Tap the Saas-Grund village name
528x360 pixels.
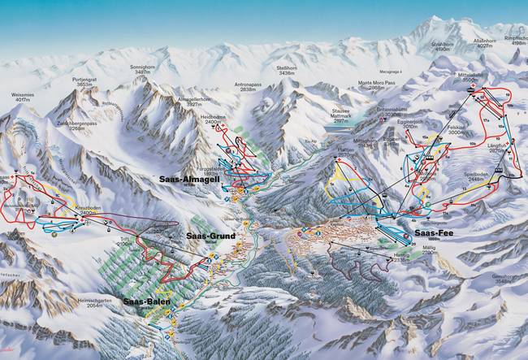pos(210,236)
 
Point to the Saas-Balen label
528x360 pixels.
pos(147,301)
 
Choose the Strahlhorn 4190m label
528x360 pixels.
pos(441,48)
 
